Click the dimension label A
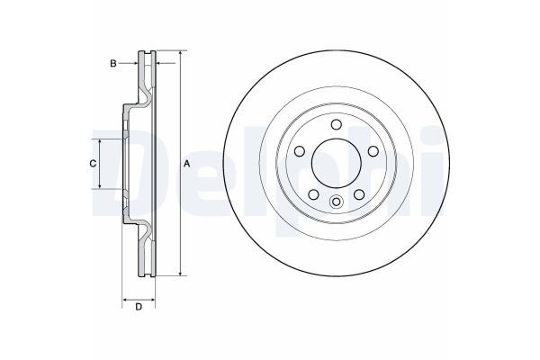tap(187, 163)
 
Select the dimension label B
tap(112, 63)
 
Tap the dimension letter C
tap(92, 163)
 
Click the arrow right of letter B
tap(135, 63)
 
